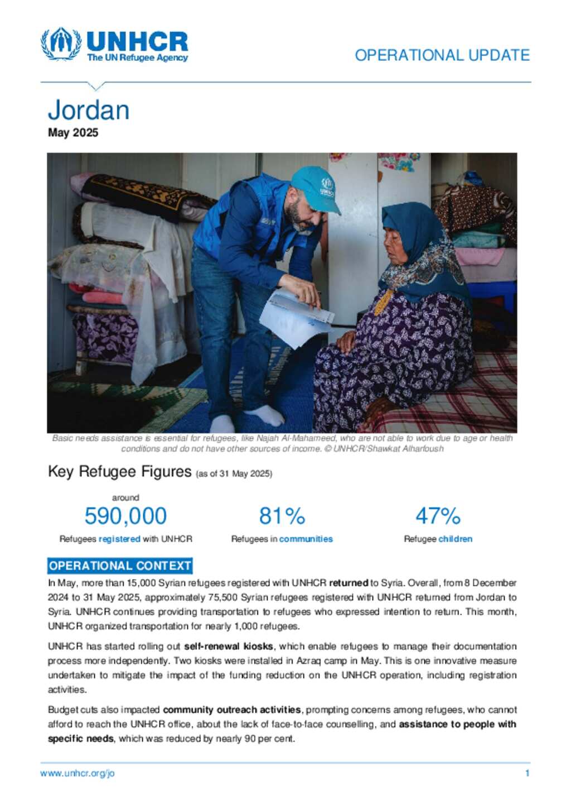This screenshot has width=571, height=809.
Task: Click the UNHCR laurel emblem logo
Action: click(61, 44)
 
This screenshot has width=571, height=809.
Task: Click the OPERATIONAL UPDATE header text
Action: click(442, 55)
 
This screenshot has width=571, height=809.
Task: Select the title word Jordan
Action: click(89, 110)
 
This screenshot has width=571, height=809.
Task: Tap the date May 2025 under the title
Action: click(73, 133)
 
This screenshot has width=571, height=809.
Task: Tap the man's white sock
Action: click(265, 414)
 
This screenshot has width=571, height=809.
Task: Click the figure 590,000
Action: click(125, 516)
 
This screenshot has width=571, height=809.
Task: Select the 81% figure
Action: click(282, 516)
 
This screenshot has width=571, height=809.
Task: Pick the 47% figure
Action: click(438, 516)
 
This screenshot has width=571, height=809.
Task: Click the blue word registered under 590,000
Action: click(119, 539)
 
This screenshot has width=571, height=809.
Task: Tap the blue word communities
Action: click(306, 539)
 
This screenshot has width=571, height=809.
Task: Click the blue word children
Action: click(455, 539)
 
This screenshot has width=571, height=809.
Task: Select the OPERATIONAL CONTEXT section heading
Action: click(120, 566)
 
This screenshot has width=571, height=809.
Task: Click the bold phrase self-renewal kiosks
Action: click(229, 647)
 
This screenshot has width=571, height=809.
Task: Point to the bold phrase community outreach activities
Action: click(232, 710)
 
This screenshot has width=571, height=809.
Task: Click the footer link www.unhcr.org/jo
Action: click(78, 773)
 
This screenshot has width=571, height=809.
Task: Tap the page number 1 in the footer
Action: click(527, 773)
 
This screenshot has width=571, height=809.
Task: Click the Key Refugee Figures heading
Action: click(120, 472)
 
